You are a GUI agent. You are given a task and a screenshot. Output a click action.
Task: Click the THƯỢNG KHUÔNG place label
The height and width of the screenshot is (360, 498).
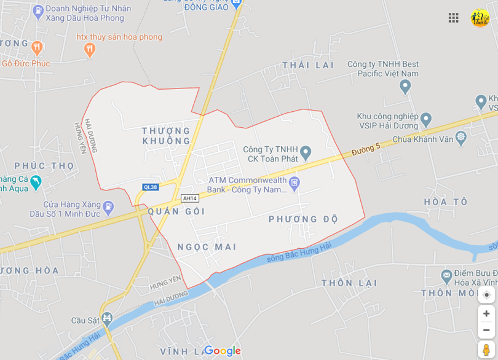[166, 136]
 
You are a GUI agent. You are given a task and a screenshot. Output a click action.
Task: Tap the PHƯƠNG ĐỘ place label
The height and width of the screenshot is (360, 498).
[304, 219]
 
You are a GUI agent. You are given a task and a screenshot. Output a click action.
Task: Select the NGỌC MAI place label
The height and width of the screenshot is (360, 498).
[207, 247]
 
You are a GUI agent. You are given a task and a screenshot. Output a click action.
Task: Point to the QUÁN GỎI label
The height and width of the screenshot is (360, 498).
[176, 211]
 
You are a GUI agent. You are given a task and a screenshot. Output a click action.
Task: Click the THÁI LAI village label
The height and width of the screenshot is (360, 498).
[308, 65]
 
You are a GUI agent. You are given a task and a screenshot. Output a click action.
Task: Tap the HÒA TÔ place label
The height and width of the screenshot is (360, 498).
[446, 202]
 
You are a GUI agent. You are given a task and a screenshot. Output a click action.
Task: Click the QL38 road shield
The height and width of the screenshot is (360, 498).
[150, 187]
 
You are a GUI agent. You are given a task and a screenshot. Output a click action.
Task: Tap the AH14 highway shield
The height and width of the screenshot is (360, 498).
[190, 198]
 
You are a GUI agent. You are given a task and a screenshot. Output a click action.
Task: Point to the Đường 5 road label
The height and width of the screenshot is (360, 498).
[367, 148]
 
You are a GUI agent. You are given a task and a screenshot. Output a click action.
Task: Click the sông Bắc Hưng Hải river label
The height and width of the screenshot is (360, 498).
[299, 252]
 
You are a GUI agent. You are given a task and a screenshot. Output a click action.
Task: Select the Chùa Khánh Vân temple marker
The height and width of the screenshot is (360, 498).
[460, 136]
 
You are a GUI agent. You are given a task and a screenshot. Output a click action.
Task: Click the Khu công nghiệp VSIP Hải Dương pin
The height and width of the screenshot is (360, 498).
[426, 117]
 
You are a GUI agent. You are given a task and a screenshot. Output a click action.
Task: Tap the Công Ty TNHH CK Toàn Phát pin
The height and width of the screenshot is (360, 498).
[306, 152]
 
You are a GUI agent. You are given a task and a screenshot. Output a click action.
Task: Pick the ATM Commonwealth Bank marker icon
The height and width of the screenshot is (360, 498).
[294, 182]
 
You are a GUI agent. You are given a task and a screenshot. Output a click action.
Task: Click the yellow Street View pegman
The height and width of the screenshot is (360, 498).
[486, 350]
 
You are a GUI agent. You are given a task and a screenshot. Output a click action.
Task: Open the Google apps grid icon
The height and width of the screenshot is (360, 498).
[454, 18]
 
